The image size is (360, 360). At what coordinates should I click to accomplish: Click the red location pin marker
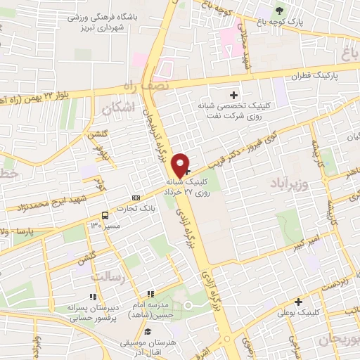click(181, 165)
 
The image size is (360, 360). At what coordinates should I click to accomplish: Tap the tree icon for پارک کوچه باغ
click(281, 10)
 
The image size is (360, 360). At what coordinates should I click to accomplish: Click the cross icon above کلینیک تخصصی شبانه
click(234, 94)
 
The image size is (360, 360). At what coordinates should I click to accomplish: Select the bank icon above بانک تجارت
click(136, 198)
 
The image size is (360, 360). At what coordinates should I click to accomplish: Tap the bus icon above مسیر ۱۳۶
click(105, 214)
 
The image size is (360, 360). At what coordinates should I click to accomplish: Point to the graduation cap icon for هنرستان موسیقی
click(148, 330)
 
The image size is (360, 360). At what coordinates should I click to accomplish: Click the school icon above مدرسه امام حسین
click(149, 294)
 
